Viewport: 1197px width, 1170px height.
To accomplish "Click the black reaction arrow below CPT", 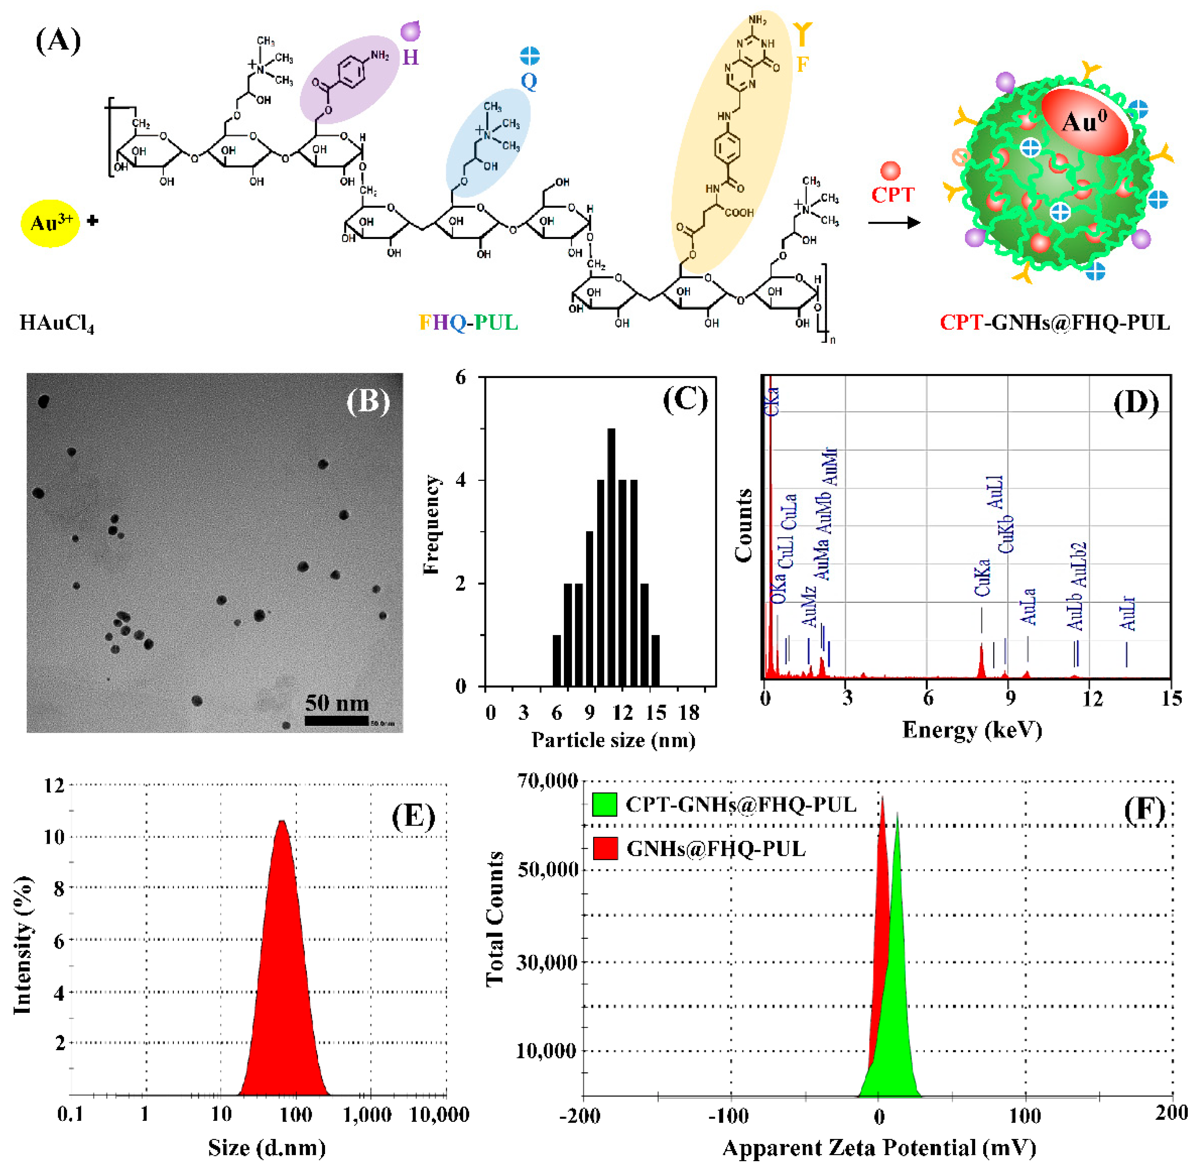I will pyautogui.click(x=894, y=222).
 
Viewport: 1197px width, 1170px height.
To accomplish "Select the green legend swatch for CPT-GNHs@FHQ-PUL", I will pyautogui.click(x=604, y=805).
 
